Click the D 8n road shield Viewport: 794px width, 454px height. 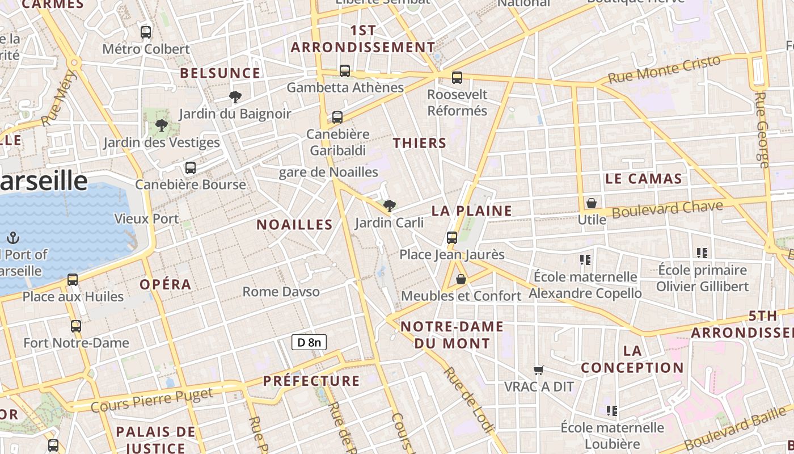(x=309, y=342)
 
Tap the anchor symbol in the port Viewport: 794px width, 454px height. (x=13, y=238)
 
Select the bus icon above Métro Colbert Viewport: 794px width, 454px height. (x=146, y=32)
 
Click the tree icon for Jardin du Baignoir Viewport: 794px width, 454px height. (x=235, y=97)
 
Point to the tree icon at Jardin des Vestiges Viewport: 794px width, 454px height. (x=162, y=125)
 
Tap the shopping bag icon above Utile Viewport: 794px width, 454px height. (x=592, y=203)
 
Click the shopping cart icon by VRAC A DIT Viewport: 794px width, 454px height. (x=539, y=370)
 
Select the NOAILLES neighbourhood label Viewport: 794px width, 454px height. (x=294, y=225)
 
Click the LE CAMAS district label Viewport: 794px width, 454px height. (x=643, y=179)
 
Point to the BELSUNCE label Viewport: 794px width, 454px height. (x=220, y=73)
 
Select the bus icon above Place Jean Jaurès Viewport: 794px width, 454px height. (x=452, y=238)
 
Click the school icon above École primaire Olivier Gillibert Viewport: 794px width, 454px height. (x=702, y=253)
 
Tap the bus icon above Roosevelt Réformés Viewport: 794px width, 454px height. (x=457, y=78)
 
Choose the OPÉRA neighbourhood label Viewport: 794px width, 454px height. (x=165, y=284)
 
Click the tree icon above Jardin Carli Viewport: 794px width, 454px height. (x=389, y=205)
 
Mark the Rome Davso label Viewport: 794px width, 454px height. (x=281, y=292)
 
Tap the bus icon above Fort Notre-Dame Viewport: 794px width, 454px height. (x=76, y=326)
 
